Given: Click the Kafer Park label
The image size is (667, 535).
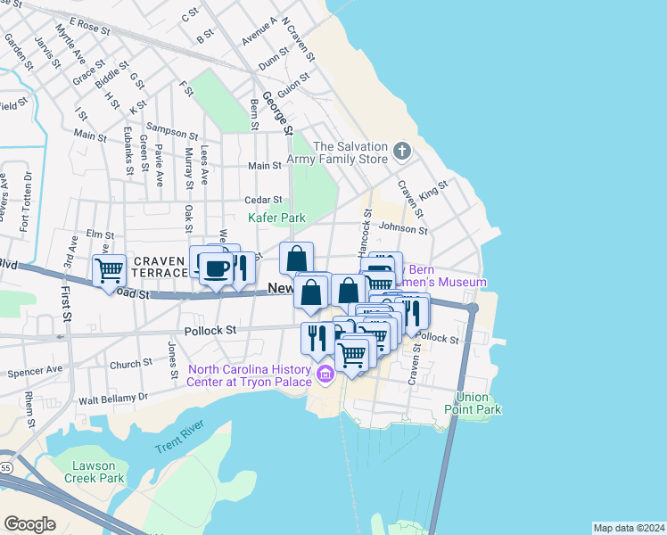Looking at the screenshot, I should pyautogui.click(x=276, y=218).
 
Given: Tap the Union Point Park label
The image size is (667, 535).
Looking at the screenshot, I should pyautogui.click(x=473, y=403).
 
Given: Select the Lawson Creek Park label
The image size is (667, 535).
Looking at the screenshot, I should pyautogui.click(x=94, y=471).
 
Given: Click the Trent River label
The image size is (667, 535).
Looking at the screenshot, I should pyautogui.click(x=175, y=445).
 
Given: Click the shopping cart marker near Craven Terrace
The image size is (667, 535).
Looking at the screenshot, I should pyautogui.click(x=109, y=269).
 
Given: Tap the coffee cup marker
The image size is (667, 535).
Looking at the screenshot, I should pyautogui.click(x=216, y=267).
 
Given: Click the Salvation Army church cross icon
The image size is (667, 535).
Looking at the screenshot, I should pyautogui.click(x=402, y=151).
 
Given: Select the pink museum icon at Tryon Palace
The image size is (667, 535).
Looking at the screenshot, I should pyautogui.click(x=325, y=375).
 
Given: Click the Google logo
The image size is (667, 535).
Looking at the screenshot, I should pyautogui.click(x=29, y=524).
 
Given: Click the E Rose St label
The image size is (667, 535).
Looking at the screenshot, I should pyautogui.click(x=88, y=25).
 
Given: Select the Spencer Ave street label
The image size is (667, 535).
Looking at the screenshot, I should pyautogui.click(x=35, y=369).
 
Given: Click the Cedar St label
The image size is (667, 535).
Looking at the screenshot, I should pyautogui.click(x=264, y=200).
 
